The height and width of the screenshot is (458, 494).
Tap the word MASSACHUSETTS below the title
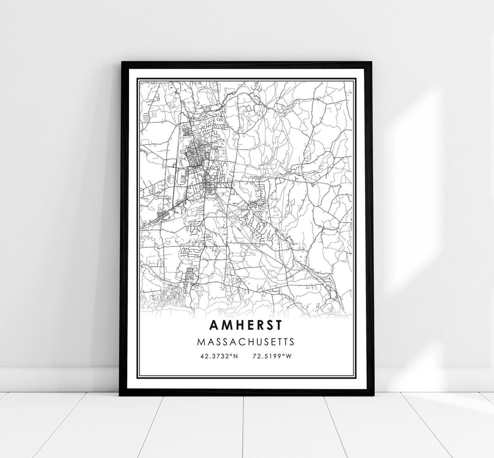[246, 342]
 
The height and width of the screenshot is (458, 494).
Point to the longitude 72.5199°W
[272, 355]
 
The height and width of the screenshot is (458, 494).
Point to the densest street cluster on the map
[197, 160]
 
